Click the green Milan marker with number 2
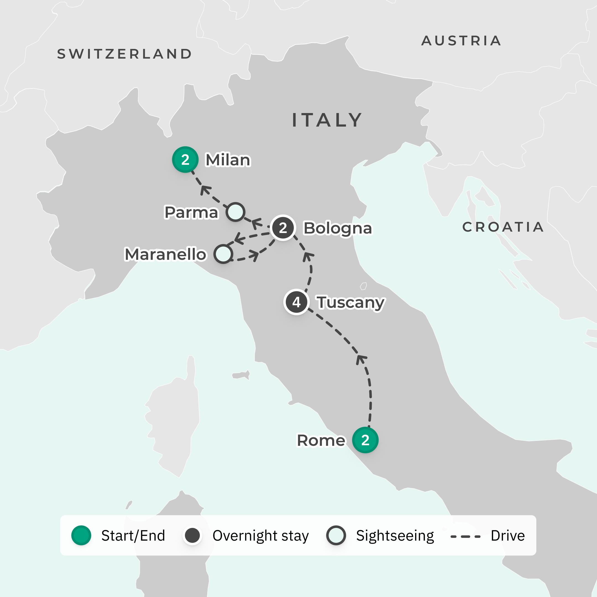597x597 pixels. [185, 159]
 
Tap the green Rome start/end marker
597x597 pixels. [365, 440]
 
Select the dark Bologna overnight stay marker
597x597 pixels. [283, 228]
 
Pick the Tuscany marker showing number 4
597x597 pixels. [296, 302]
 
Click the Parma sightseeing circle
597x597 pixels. [235, 212]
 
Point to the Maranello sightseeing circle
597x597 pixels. [223, 254]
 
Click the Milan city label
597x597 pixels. [228, 160]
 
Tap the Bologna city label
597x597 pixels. [338, 229]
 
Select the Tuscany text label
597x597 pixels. [351, 303]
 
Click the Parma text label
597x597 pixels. [191, 213]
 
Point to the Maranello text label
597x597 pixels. [165, 254]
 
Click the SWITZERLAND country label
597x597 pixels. [125, 54]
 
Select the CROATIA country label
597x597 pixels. [503, 227]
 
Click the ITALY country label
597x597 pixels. [327, 120]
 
